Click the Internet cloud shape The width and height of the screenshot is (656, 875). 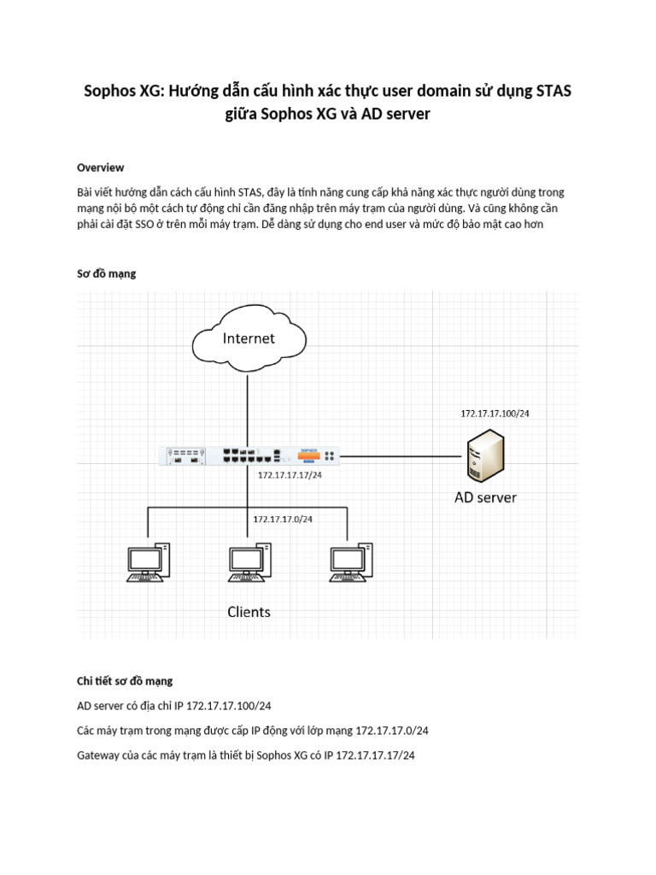tap(249, 339)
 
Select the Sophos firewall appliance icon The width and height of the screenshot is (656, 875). tap(249, 455)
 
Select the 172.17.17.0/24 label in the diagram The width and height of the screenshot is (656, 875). tap(283, 520)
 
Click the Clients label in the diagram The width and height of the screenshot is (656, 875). tap(249, 612)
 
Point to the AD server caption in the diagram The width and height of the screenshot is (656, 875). tap(485, 496)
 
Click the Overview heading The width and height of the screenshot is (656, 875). tap(101, 167)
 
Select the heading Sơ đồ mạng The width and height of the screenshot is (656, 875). tap(106, 273)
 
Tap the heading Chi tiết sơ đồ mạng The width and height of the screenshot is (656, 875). tap(125, 681)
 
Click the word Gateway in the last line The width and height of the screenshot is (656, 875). tap(98, 755)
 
